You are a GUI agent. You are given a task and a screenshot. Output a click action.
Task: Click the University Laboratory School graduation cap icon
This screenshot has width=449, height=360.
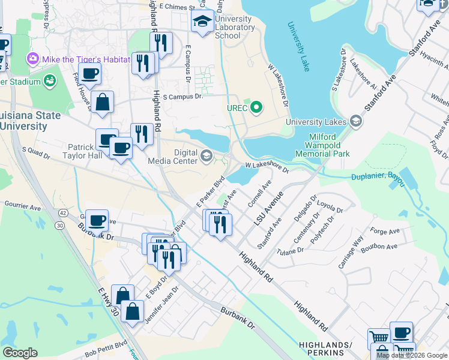pyautogui.click(x=203, y=22)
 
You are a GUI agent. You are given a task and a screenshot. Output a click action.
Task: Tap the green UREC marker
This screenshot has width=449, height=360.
pyautogui.click(x=257, y=108)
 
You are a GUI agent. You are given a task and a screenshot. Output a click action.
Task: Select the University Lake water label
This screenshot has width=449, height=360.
pyautogui.click(x=298, y=47)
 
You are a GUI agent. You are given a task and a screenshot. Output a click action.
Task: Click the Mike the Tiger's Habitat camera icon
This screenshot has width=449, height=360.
pyautogui.click(x=32, y=59)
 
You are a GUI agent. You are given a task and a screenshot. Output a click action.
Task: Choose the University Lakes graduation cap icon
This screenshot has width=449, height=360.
pyautogui.click(x=356, y=122)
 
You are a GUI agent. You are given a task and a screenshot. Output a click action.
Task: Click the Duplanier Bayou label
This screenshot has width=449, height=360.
pyautogui.click(x=378, y=176)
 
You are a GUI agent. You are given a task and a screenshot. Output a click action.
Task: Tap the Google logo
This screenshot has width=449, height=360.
pyautogui.click(x=20, y=353)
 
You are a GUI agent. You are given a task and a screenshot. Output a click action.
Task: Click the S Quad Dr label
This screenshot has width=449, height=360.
pyautogui.click(x=36, y=152)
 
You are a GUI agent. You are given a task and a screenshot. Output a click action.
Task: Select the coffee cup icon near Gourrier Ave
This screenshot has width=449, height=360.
pyautogui.click(x=97, y=220)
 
